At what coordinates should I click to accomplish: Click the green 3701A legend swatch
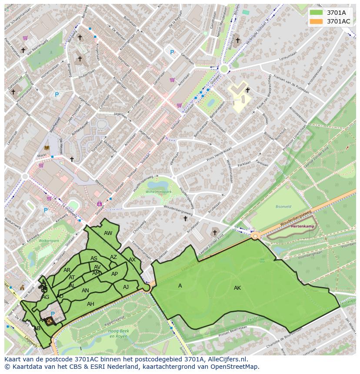pyautogui.click(x=317, y=13)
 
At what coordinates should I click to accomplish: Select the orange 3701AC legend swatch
pyautogui.click(x=317, y=21)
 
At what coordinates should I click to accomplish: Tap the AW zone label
pyautogui.click(x=108, y=233)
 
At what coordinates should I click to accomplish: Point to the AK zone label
pyautogui.click(x=237, y=288)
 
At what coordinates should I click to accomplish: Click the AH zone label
pyautogui.click(x=90, y=304)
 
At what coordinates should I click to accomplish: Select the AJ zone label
pyautogui.click(x=126, y=287)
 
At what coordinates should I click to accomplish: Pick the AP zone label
pyautogui.click(x=114, y=274)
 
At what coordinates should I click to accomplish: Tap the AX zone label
pyautogui.click(x=132, y=260)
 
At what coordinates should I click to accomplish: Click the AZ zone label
pyautogui.click(x=113, y=257)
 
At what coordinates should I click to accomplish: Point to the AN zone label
pyautogui.click(x=85, y=291)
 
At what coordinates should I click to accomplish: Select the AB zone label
pyautogui.click(x=37, y=328)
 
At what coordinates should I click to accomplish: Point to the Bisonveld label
pyautogui.click(x=283, y=207)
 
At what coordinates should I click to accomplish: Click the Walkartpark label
pyautogui.click(x=49, y=240)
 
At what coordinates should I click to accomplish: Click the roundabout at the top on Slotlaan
pyautogui.click(x=224, y=68)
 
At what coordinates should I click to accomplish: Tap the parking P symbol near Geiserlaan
pyautogui.click(x=172, y=53)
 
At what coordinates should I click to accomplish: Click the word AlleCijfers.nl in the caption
pyautogui.click(x=226, y=359)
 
